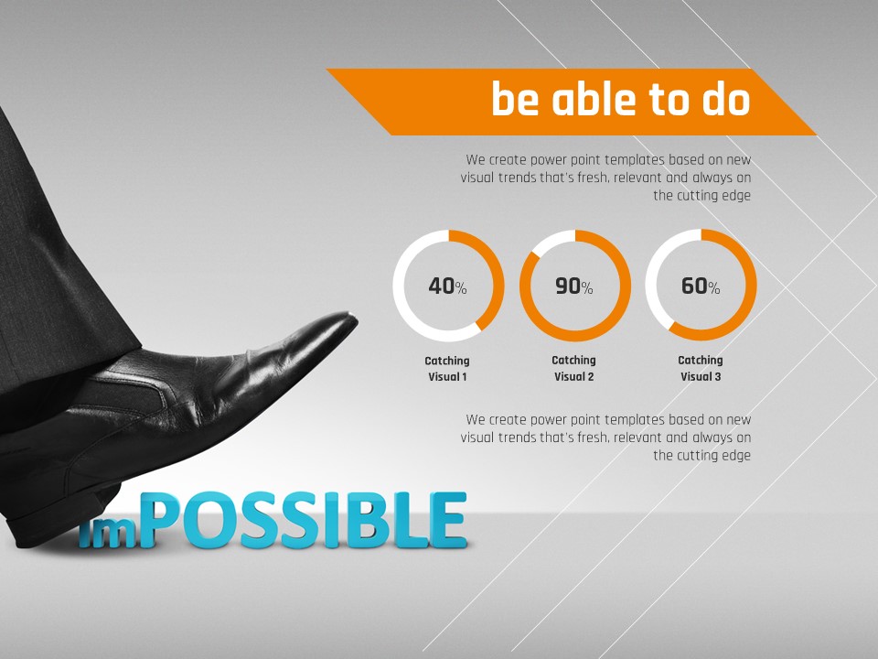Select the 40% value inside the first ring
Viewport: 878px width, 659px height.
click(x=447, y=286)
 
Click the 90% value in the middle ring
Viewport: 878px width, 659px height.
click(x=574, y=286)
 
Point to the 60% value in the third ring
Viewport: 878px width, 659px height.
click(x=701, y=286)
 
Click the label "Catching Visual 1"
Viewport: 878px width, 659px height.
click(x=447, y=369)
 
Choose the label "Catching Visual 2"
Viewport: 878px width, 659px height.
click(x=574, y=369)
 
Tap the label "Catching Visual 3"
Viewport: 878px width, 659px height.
click(x=701, y=369)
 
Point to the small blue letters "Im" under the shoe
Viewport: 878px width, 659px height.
click(x=108, y=533)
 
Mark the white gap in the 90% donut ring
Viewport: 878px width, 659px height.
click(x=551, y=239)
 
